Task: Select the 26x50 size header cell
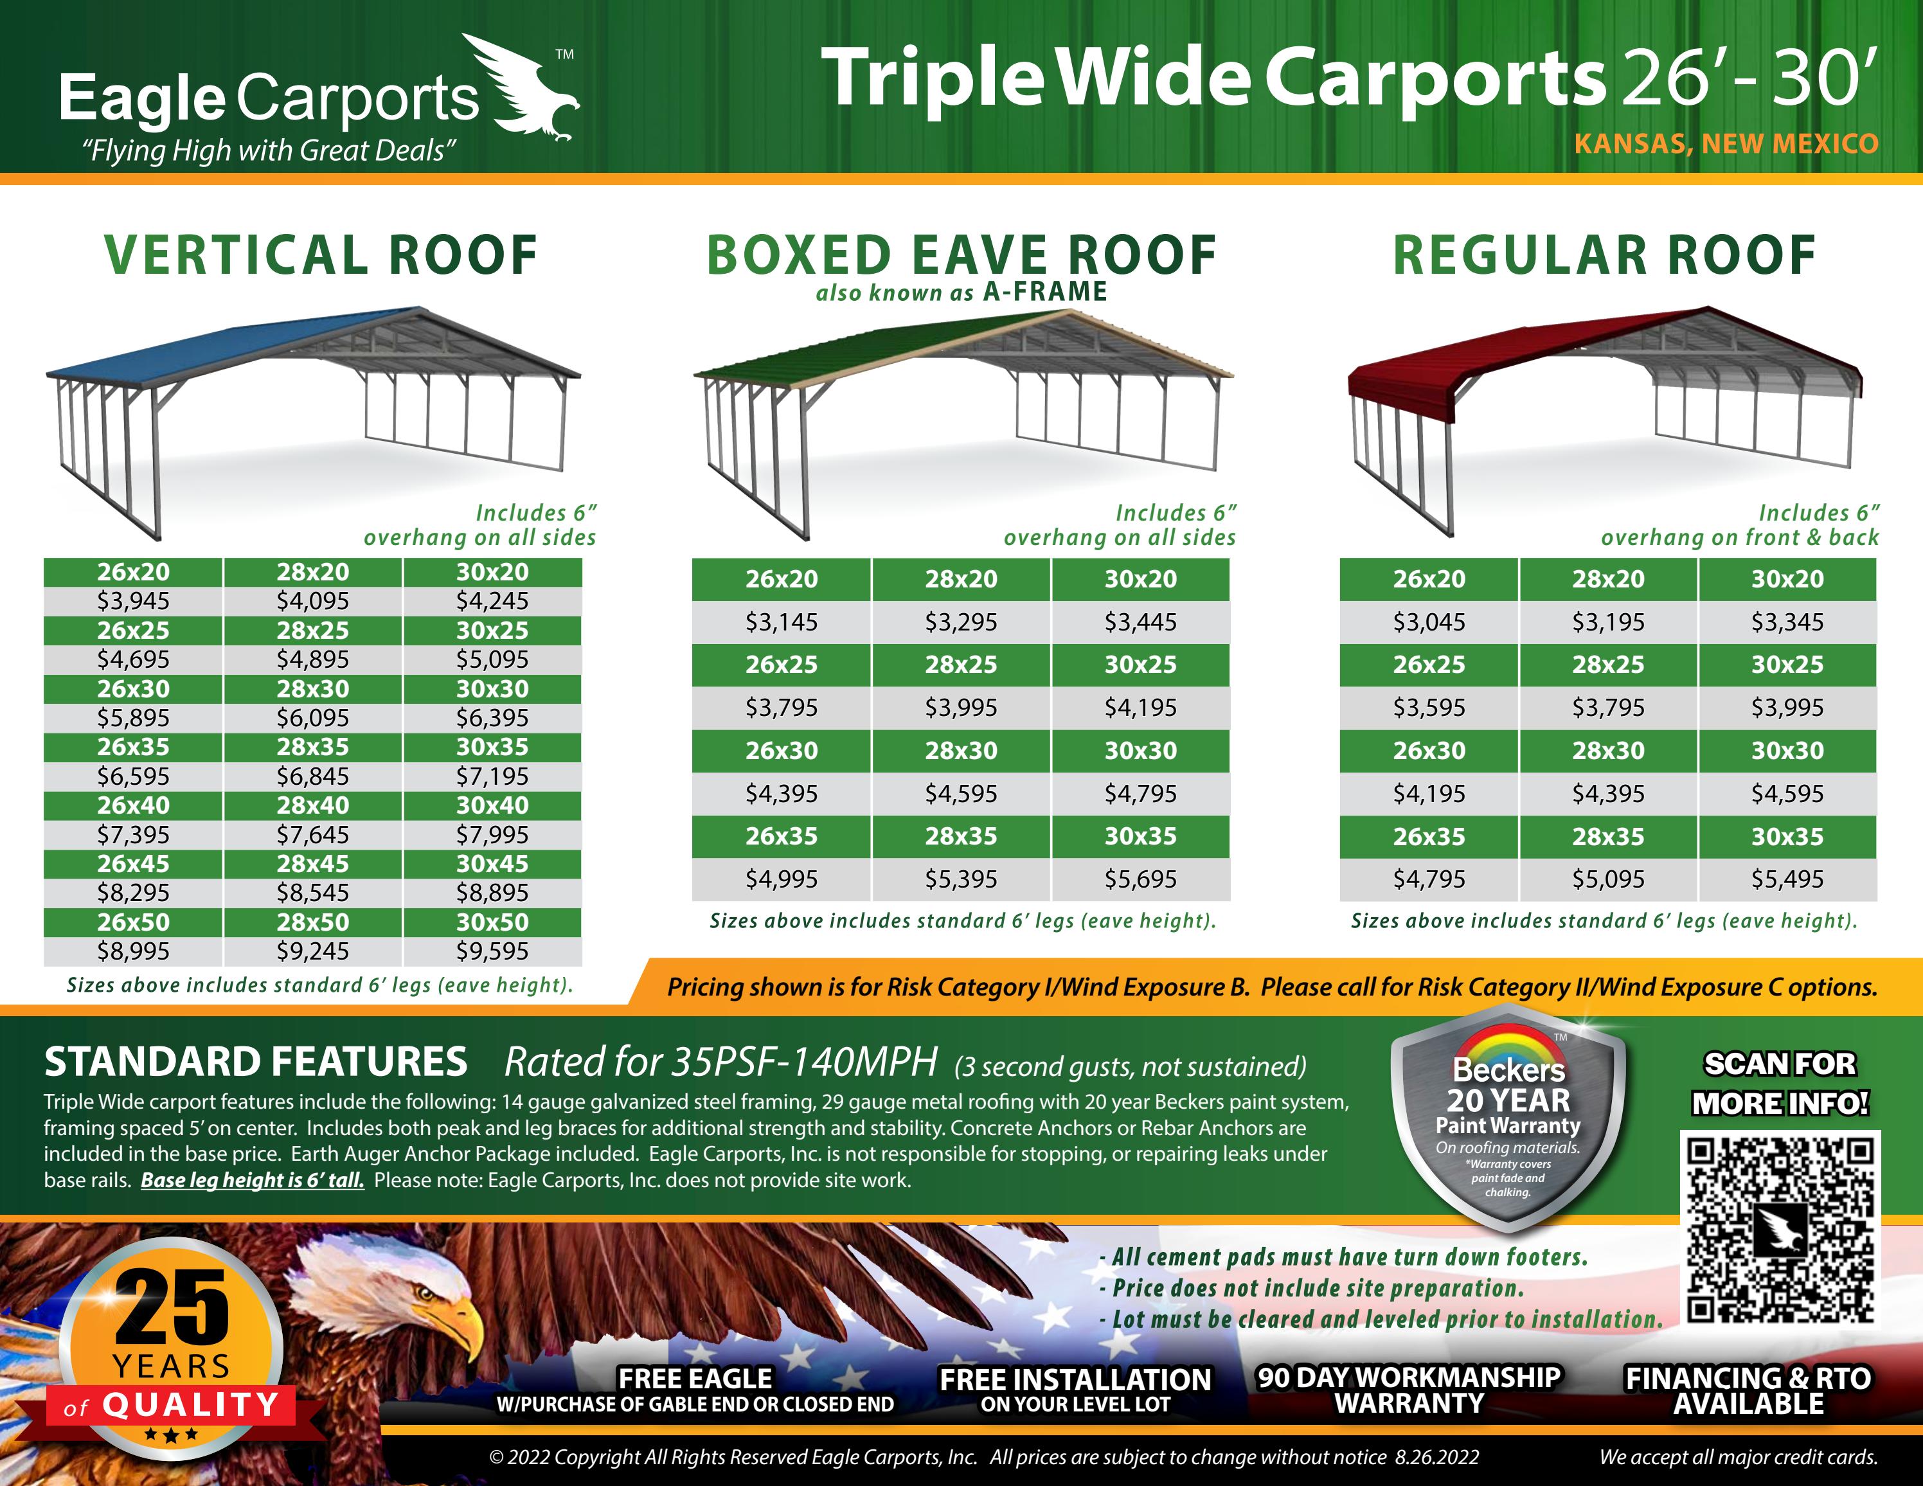(x=133, y=922)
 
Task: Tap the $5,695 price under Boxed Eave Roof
(x=1140, y=879)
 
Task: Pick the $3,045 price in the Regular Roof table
(x=1429, y=622)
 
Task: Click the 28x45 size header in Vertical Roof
(x=312, y=864)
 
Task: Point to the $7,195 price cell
(x=492, y=776)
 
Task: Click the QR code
(x=1780, y=1230)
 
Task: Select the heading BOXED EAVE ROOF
(x=961, y=255)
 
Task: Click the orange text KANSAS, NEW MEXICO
(x=1726, y=143)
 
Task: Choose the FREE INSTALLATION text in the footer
(x=1075, y=1379)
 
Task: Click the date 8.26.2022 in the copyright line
(x=1437, y=1457)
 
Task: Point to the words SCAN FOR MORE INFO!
(x=1780, y=1084)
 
